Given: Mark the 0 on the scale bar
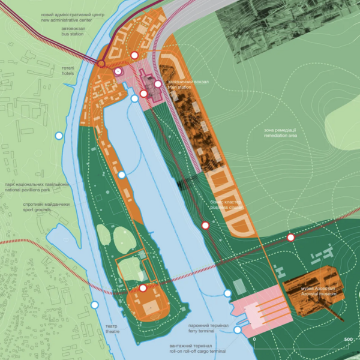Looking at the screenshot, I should click(x=254, y=340).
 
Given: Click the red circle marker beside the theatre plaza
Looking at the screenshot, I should click(x=143, y=289).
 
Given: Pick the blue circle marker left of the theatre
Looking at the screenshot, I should click(x=94, y=305).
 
